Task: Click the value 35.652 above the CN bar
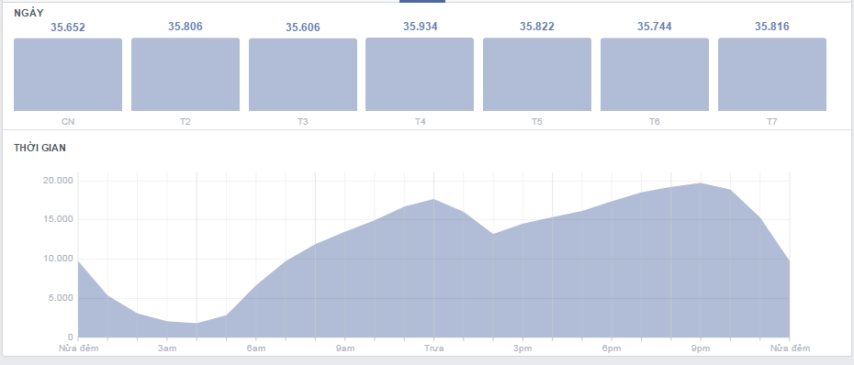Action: (x=68, y=28)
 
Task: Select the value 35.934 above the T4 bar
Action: (x=420, y=27)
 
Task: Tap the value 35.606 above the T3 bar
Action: (x=303, y=28)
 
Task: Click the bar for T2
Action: (x=185, y=74)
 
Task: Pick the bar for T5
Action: (x=537, y=74)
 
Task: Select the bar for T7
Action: (x=771, y=74)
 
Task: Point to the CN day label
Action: (x=68, y=121)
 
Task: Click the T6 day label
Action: (x=654, y=121)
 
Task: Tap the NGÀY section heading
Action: (x=30, y=11)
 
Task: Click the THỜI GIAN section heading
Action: (x=40, y=147)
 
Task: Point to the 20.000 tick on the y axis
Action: (x=57, y=181)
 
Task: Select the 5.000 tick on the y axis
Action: (x=59, y=298)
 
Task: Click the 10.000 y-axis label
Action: (x=57, y=259)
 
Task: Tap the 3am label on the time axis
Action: (x=167, y=348)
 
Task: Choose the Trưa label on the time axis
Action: (x=433, y=348)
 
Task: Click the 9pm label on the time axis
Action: (x=701, y=348)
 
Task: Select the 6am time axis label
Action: (x=256, y=348)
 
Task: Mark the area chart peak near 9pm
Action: (x=701, y=183)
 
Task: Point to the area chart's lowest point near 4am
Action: (x=197, y=323)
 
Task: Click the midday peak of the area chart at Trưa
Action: (x=433, y=199)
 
